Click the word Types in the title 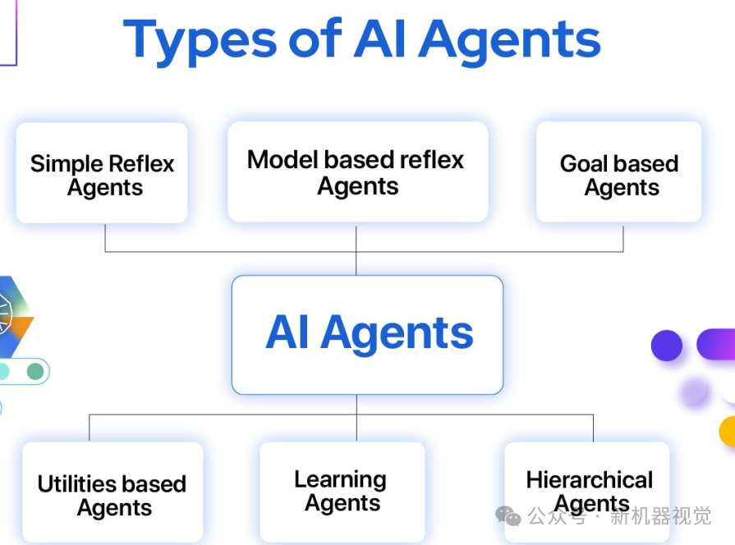pos(200,41)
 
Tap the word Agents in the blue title pos(509,42)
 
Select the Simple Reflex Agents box pos(102,172)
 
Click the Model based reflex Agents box pos(358,172)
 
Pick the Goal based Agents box pos(618,172)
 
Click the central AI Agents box pos(368,335)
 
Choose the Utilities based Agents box pos(113,492)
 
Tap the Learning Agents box pos(342,492)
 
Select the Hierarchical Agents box pos(587,492)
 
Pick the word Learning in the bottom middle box pos(340,480)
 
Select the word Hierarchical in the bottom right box pos(589,479)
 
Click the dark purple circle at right pos(667,346)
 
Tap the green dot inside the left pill pos(35,371)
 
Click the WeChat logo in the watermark pos(508,516)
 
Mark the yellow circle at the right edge pos(728,431)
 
